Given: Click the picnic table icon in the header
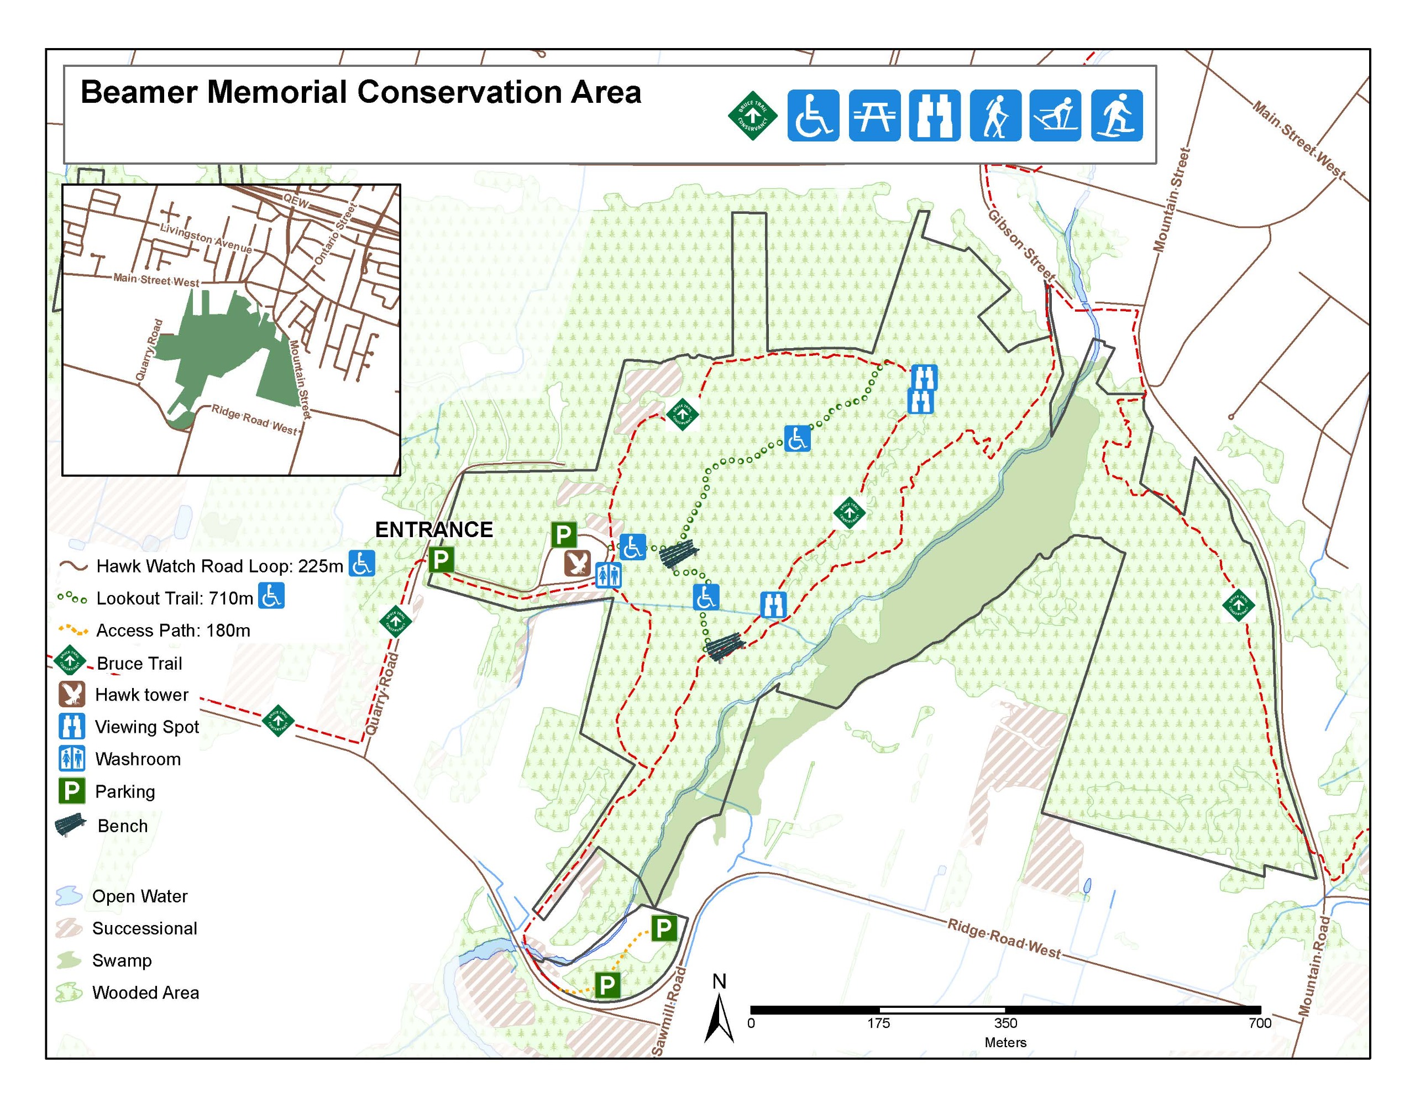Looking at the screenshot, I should tap(874, 115).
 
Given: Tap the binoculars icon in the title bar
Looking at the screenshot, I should tap(934, 115).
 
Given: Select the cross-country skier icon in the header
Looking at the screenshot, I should tap(1055, 115).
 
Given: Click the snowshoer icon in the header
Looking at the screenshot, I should tap(1117, 115).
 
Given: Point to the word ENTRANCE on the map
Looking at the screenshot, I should tap(434, 529).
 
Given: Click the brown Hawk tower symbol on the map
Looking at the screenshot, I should tap(577, 564).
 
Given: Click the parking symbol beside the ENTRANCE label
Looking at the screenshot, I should tap(441, 559).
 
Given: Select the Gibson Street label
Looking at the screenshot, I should tap(1020, 245).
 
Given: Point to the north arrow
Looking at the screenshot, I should tap(719, 1011).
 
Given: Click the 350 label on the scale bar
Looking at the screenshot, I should tap(1005, 1023).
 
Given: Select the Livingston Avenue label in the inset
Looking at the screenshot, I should tap(206, 238).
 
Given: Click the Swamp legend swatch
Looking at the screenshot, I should tap(69, 960).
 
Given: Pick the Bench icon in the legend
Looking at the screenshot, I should tap(71, 826).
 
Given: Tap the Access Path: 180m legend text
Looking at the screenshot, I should tap(173, 630).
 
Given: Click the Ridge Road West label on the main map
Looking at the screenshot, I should tap(1004, 938).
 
